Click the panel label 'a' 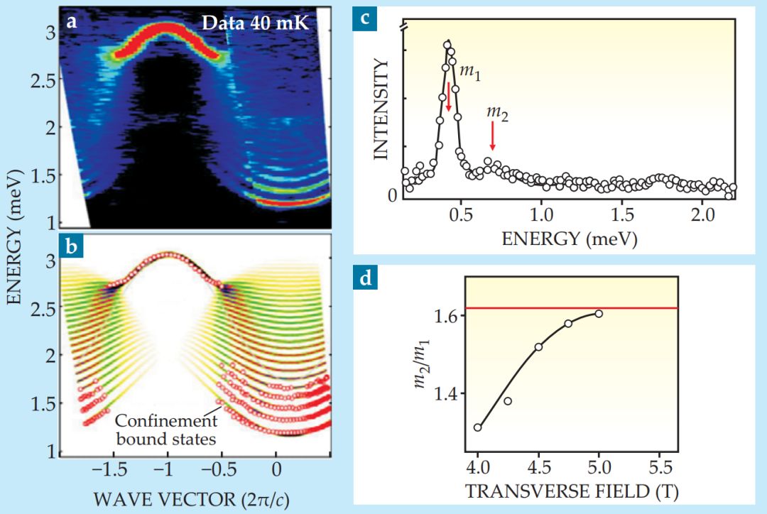click(71, 21)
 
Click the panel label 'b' click(71, 248)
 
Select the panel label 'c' click(365, 19)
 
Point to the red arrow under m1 click(449, 97)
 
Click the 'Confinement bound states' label click(175, 430)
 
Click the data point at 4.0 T click(478, 427)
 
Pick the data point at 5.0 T click(599, 314)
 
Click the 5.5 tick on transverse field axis click(660, 470)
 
